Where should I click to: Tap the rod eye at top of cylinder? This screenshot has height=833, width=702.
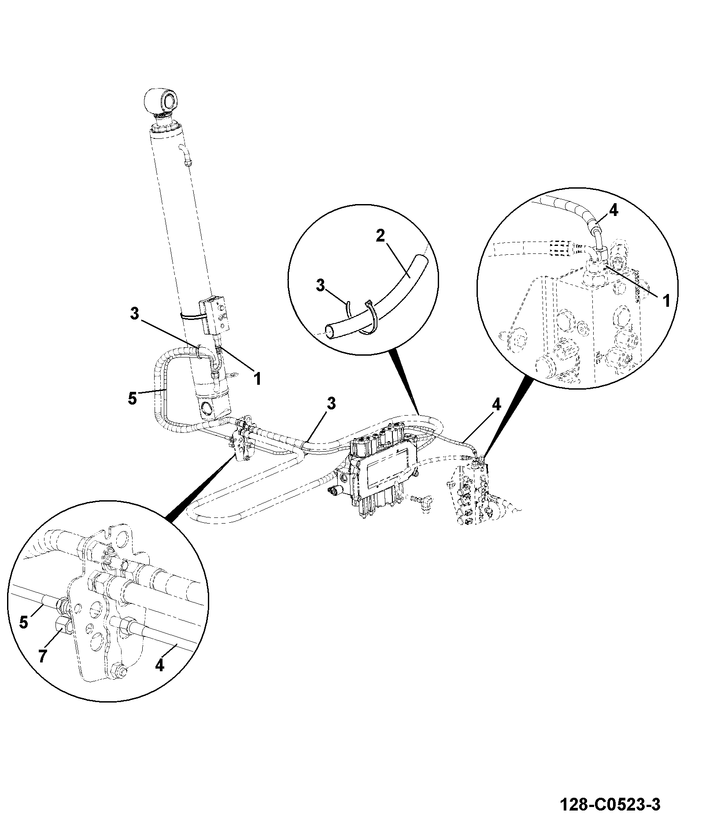point(162,100)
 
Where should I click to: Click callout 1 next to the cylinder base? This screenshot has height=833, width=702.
point(258,378)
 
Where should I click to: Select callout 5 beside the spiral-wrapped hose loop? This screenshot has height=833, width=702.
point(133,398)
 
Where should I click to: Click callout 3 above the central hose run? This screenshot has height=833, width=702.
point(331,404)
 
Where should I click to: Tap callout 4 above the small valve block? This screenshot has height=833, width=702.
point(496,405)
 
